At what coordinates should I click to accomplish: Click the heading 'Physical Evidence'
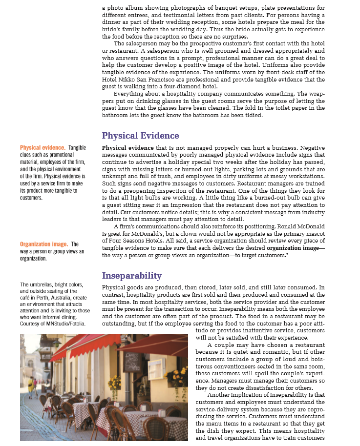point(140,136)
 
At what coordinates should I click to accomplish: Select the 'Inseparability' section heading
point(131,276)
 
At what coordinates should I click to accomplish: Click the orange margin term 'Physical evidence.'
point(42,147)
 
